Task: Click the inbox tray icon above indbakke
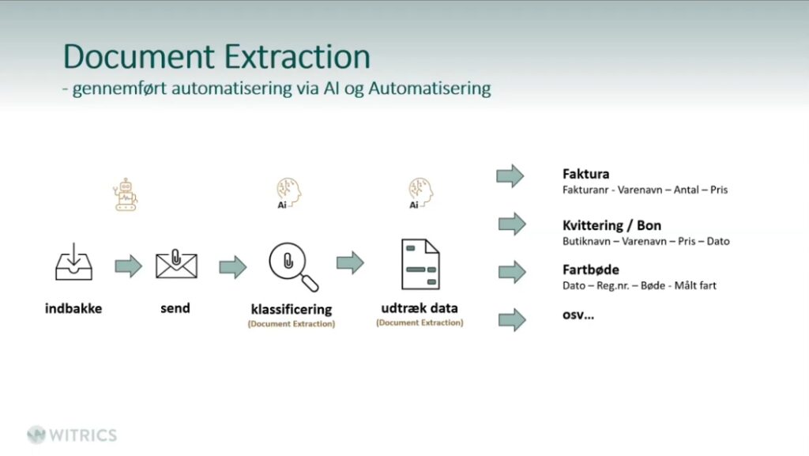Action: coord(73,264)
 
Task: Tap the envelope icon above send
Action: coord(175,265)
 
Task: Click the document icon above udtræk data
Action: coord(420,264)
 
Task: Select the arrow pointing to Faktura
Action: coord(510,175)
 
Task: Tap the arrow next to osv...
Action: coord(512,320)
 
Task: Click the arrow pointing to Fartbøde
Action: coord(512,272)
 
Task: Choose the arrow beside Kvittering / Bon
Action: coord(512,224)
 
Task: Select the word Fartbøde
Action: coord(590,270)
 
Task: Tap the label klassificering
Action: coord(292,309)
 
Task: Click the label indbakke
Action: coord(73,308)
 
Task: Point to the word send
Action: coord(175,308)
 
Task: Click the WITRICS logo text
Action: coord(82,435)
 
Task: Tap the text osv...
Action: coord(578,315)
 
